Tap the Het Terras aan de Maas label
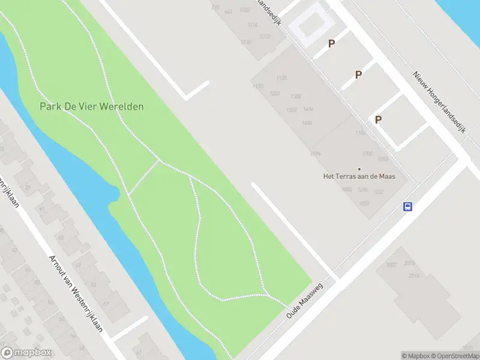point(359,176)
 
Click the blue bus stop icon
point(407,206)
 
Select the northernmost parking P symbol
point(331,43)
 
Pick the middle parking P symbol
point(358,74)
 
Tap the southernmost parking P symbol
point(378,119)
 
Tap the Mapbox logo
point(26,353)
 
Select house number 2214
point(413,275)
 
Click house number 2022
point(392,265)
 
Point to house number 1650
point(364,203)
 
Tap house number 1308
point(295,97)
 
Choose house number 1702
point(367,154)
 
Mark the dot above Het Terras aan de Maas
point(359,169)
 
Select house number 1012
point(265,37)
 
